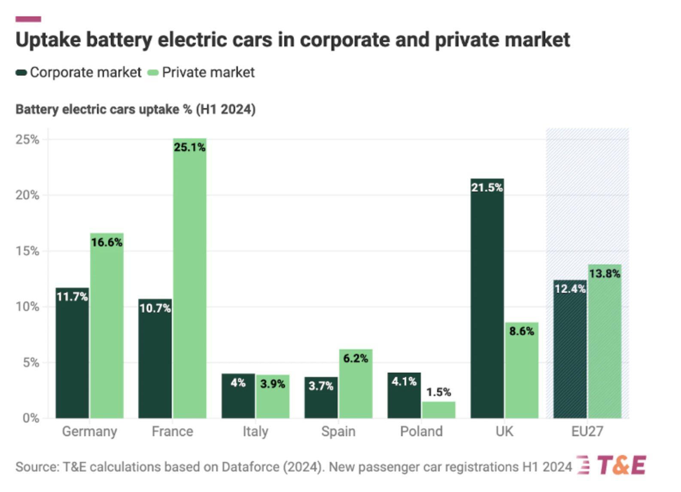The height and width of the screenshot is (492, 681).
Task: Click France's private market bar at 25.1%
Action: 190,279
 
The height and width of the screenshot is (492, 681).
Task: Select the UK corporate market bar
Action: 487,301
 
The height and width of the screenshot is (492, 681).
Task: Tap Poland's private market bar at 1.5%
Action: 438,410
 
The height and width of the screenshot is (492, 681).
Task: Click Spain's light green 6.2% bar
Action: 356,386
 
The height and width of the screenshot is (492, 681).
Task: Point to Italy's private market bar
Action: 273,399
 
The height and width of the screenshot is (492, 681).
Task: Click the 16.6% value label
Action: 106,243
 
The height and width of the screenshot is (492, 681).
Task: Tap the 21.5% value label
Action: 487,188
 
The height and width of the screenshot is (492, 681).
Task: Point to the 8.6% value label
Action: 522,331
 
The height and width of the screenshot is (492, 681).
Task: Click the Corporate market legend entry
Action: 85,73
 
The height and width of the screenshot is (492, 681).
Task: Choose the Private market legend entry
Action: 208,73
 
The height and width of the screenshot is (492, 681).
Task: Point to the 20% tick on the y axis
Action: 27,195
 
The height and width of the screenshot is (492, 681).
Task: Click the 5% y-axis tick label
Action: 31,363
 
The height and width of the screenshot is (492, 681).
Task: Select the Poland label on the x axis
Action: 421,431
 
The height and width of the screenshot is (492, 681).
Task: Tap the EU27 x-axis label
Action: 587,431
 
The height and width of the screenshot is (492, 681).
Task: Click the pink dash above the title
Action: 28,19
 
